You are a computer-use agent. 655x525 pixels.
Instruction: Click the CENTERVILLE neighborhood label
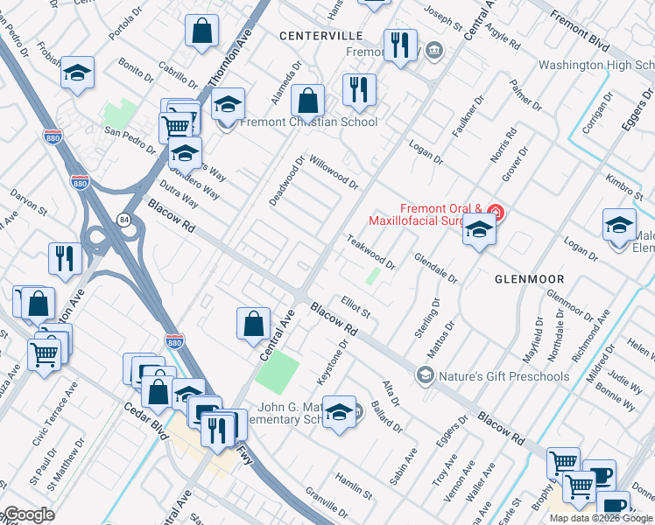320,36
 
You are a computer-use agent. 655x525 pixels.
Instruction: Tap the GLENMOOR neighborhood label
530,278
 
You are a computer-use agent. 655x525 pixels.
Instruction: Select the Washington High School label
595,66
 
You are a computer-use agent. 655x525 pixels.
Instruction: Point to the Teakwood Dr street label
370,251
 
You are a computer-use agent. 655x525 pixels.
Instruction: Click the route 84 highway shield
125,220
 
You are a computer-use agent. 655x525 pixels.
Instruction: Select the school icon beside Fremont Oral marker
479,231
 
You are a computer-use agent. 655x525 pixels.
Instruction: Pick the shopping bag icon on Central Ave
253,324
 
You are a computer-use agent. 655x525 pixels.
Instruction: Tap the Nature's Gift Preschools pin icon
426,376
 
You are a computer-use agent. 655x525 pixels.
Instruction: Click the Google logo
28,514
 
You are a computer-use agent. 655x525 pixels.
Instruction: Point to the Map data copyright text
601,518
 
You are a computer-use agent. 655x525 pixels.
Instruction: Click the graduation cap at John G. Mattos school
339,412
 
